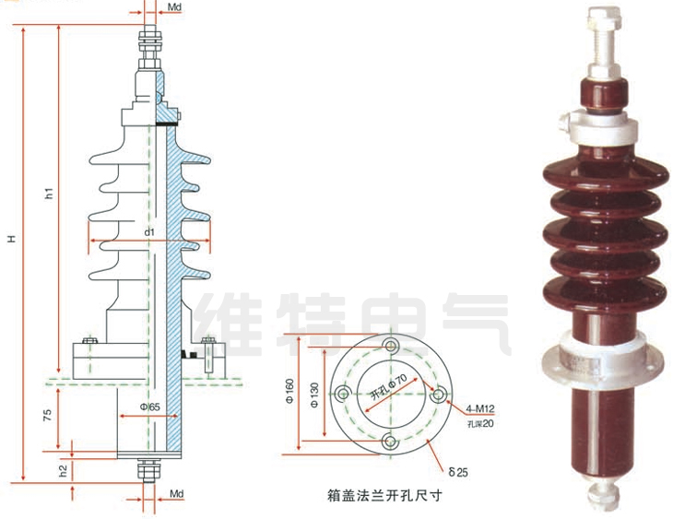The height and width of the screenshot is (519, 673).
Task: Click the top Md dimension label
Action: point(175,9)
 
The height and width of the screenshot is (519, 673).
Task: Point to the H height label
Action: point(12,239)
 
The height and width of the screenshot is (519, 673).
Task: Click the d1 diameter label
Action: point(149,232)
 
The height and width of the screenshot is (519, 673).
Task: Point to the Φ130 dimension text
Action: point(314,394)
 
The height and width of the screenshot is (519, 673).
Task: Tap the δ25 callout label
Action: point(458,472)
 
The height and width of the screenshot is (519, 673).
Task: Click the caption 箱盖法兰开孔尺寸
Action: point(385,495)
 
